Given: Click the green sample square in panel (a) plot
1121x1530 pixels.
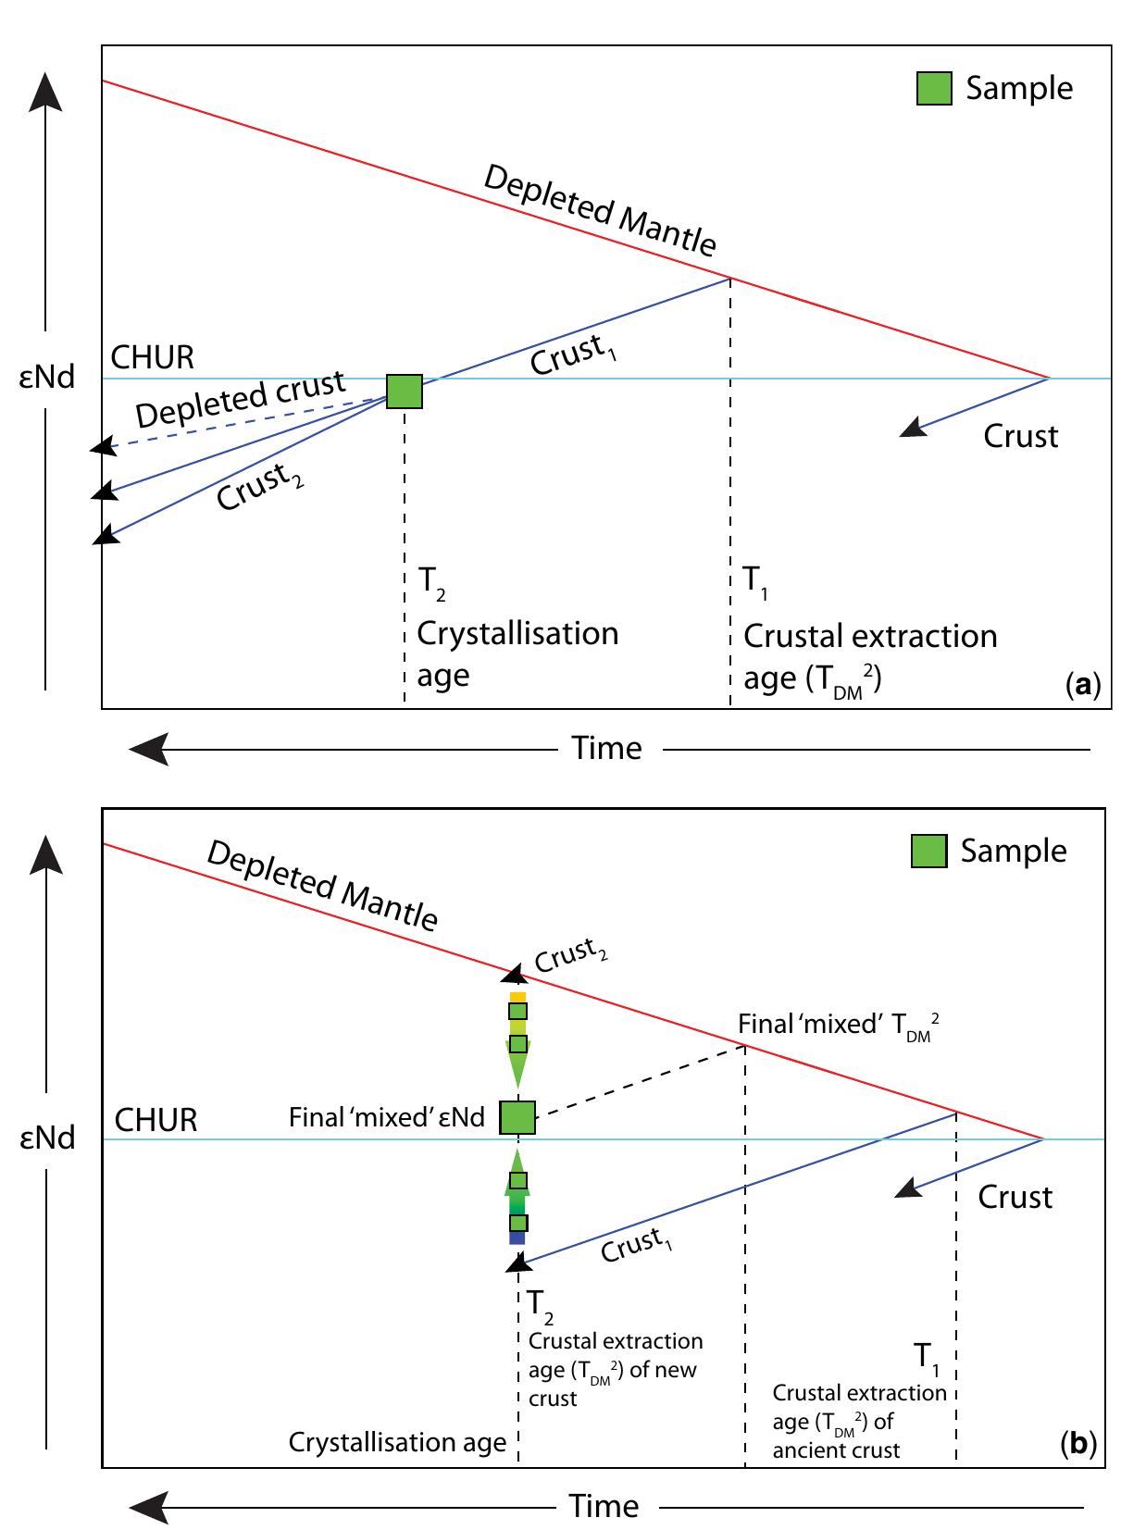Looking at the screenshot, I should click(x=404, y=392).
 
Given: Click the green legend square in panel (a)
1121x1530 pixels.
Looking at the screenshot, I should click(x=934, y=88).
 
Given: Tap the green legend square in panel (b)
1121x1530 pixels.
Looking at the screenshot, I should click(x=928, y=850).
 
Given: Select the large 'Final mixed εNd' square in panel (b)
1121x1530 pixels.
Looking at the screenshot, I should click(x=517, y=1117).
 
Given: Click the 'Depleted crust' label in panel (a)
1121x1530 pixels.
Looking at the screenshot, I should click(x=242, y=399).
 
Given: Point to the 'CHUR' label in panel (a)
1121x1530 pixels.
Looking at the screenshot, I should click(x=153, y=357).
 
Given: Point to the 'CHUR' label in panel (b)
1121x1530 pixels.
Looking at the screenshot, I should click(x=156, y=1120).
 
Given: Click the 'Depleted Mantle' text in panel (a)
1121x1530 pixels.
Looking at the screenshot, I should click(x=600, y=210).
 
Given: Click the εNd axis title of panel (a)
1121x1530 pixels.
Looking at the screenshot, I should click(x=47, y=378).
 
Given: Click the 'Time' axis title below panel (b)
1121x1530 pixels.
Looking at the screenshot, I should click(x=604, y=1506).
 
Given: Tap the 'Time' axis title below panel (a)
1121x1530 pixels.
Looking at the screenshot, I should click(x=606, y=748).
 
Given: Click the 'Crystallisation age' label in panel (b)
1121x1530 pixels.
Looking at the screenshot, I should click(x=397, y=1441).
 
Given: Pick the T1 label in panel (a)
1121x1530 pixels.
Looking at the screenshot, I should click(x=755, y=581).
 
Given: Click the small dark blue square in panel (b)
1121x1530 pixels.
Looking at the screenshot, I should click(x=517, y=1238).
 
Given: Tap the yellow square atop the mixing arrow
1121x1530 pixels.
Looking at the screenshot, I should click(x=517, y=996).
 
